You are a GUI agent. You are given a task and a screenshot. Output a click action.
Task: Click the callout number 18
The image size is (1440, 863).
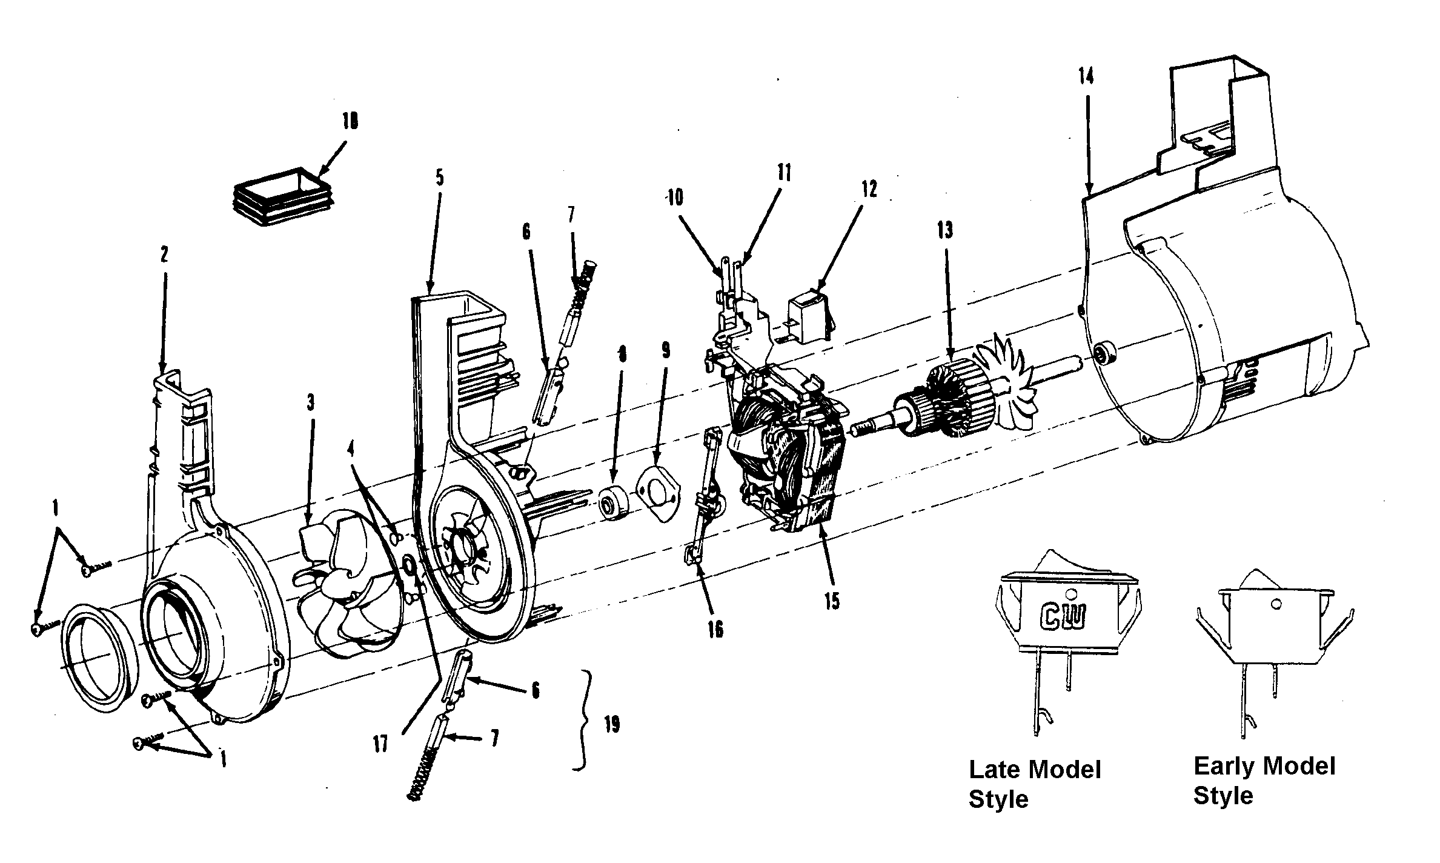tap(350, 121)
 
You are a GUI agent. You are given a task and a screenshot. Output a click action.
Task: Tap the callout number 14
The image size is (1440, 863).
tap(1086, 77)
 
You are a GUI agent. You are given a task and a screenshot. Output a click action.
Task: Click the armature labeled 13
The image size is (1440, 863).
tap(945, 400)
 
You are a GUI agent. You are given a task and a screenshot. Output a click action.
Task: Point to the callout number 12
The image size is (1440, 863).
tap(869, 189)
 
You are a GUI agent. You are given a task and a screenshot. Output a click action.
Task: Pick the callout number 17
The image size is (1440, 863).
tap(380, 744)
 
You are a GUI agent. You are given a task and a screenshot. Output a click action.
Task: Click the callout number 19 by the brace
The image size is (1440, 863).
tap(612, 725)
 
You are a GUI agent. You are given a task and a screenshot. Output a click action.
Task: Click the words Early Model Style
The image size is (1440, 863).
tap(1264, 781)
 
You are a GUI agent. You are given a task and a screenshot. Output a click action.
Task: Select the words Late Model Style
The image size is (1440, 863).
tap(1034, 784)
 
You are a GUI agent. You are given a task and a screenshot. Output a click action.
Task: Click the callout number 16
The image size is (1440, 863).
tap(715, 630)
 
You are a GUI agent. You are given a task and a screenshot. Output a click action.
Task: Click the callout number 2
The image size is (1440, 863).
tap(164, 255)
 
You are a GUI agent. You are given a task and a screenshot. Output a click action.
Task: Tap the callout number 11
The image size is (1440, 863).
tap(784, 173)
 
